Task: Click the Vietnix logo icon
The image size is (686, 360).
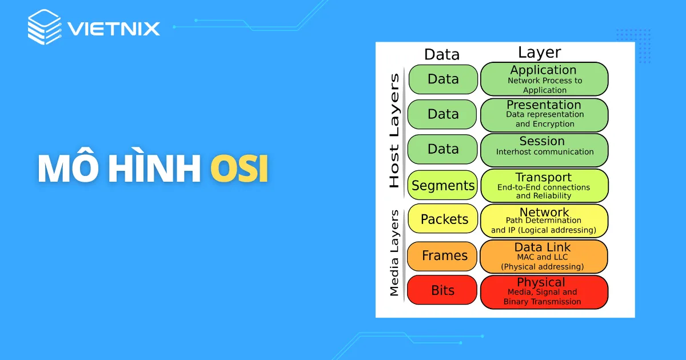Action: click(44, 26)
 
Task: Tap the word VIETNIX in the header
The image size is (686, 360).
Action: click(114, 28)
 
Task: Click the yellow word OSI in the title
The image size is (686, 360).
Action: click(240, 170)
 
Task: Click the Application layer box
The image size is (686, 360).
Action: click(544, 79)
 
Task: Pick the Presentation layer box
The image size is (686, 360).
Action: click(544, 114)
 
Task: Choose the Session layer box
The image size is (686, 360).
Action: click(544, 149)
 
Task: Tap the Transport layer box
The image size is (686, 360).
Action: click(544, 185)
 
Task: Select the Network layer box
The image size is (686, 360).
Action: click(544, 221)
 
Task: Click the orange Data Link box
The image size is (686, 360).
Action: click(544, 256)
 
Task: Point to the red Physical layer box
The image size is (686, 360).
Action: click(544, 291)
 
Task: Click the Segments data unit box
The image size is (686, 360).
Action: click(443, 185)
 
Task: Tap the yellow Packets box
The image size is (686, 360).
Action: click(443, 219)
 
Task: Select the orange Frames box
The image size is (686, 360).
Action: click(443, 255)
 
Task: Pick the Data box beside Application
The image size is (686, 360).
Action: click(443, 79)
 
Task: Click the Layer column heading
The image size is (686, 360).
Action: click(539, 53)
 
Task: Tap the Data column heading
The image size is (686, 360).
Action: click(442, 54)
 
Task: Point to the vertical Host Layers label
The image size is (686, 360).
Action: click(394, 130)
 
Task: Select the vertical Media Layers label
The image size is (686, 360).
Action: click(394, 253)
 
